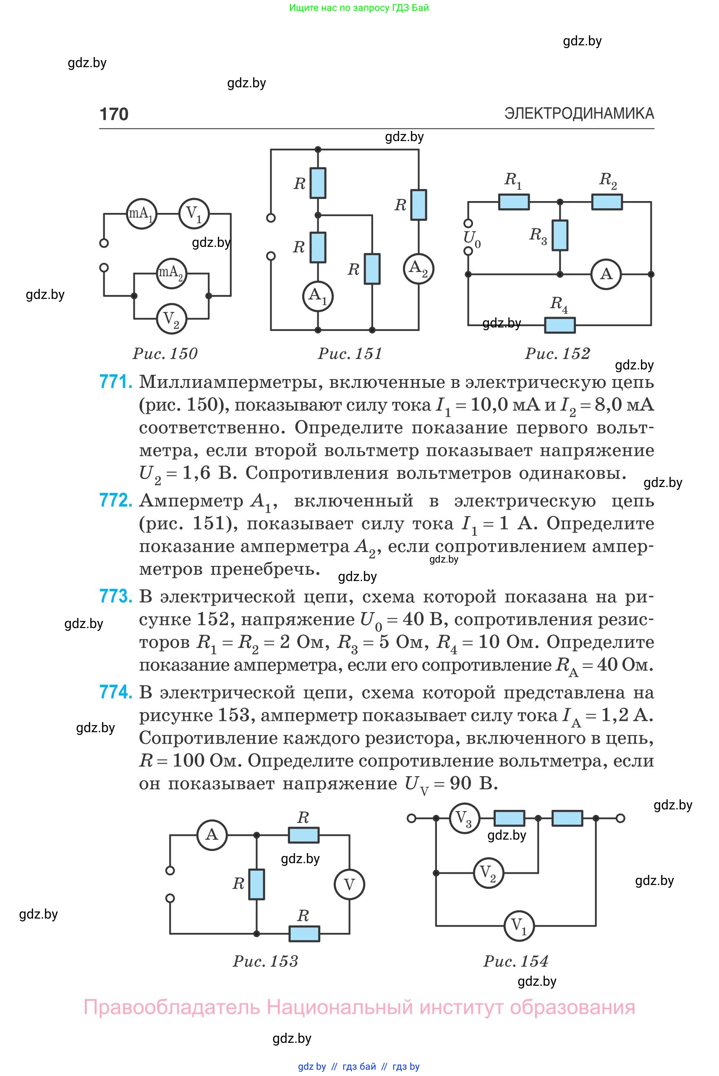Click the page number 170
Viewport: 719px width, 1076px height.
(114, 114)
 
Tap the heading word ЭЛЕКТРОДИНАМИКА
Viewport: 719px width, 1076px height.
(579, 113)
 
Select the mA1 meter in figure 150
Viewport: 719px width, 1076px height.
(141, 214)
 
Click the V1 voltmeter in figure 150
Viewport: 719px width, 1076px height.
(194, 214)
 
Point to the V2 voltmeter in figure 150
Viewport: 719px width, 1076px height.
(172, 318)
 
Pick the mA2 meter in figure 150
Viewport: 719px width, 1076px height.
(172, 273)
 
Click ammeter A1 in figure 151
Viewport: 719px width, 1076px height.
(318, 296)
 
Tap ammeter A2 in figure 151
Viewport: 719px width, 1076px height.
(418, 269)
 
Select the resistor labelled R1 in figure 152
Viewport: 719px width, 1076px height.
(514, 202)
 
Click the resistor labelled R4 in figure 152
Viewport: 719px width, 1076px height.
(560, 325)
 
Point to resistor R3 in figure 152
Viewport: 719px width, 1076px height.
(560, 235)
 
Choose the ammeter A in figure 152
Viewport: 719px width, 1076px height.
(606, 274)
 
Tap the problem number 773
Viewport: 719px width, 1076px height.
(115, 596)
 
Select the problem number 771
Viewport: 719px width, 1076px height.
(115, 382)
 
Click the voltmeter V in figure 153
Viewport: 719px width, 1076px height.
(349, 884)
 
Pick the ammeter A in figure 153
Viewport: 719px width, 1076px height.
(212, 834)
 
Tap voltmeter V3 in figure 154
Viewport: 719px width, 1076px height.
(464, 818)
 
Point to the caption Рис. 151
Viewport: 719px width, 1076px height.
(350, 353)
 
